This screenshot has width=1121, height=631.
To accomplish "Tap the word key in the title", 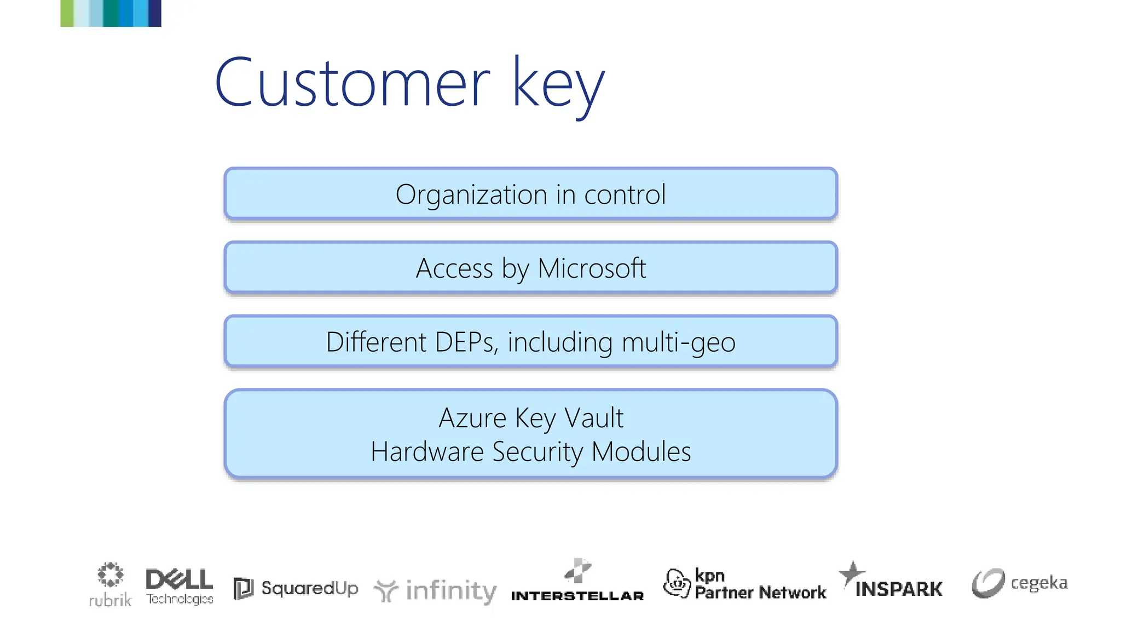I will (558, 85).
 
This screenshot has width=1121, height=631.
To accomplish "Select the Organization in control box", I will (530, 194).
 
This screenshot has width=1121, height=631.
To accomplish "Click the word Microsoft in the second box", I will (591, 268).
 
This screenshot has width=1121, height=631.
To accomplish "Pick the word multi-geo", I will (678, 342).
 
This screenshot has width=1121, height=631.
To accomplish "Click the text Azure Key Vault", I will (530, 418).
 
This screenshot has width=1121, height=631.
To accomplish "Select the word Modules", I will (641, 452).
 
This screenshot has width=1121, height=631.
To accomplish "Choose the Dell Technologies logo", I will (180, 586).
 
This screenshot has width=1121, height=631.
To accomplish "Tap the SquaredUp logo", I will (296, 589).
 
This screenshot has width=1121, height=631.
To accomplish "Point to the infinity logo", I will (436, 591).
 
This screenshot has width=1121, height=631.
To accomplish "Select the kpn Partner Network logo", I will (744, 584).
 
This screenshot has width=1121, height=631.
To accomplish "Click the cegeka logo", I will (1020, 583).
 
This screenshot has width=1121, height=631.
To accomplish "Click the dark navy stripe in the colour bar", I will (155, 13).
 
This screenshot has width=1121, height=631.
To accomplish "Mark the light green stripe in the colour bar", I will (67, 13).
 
